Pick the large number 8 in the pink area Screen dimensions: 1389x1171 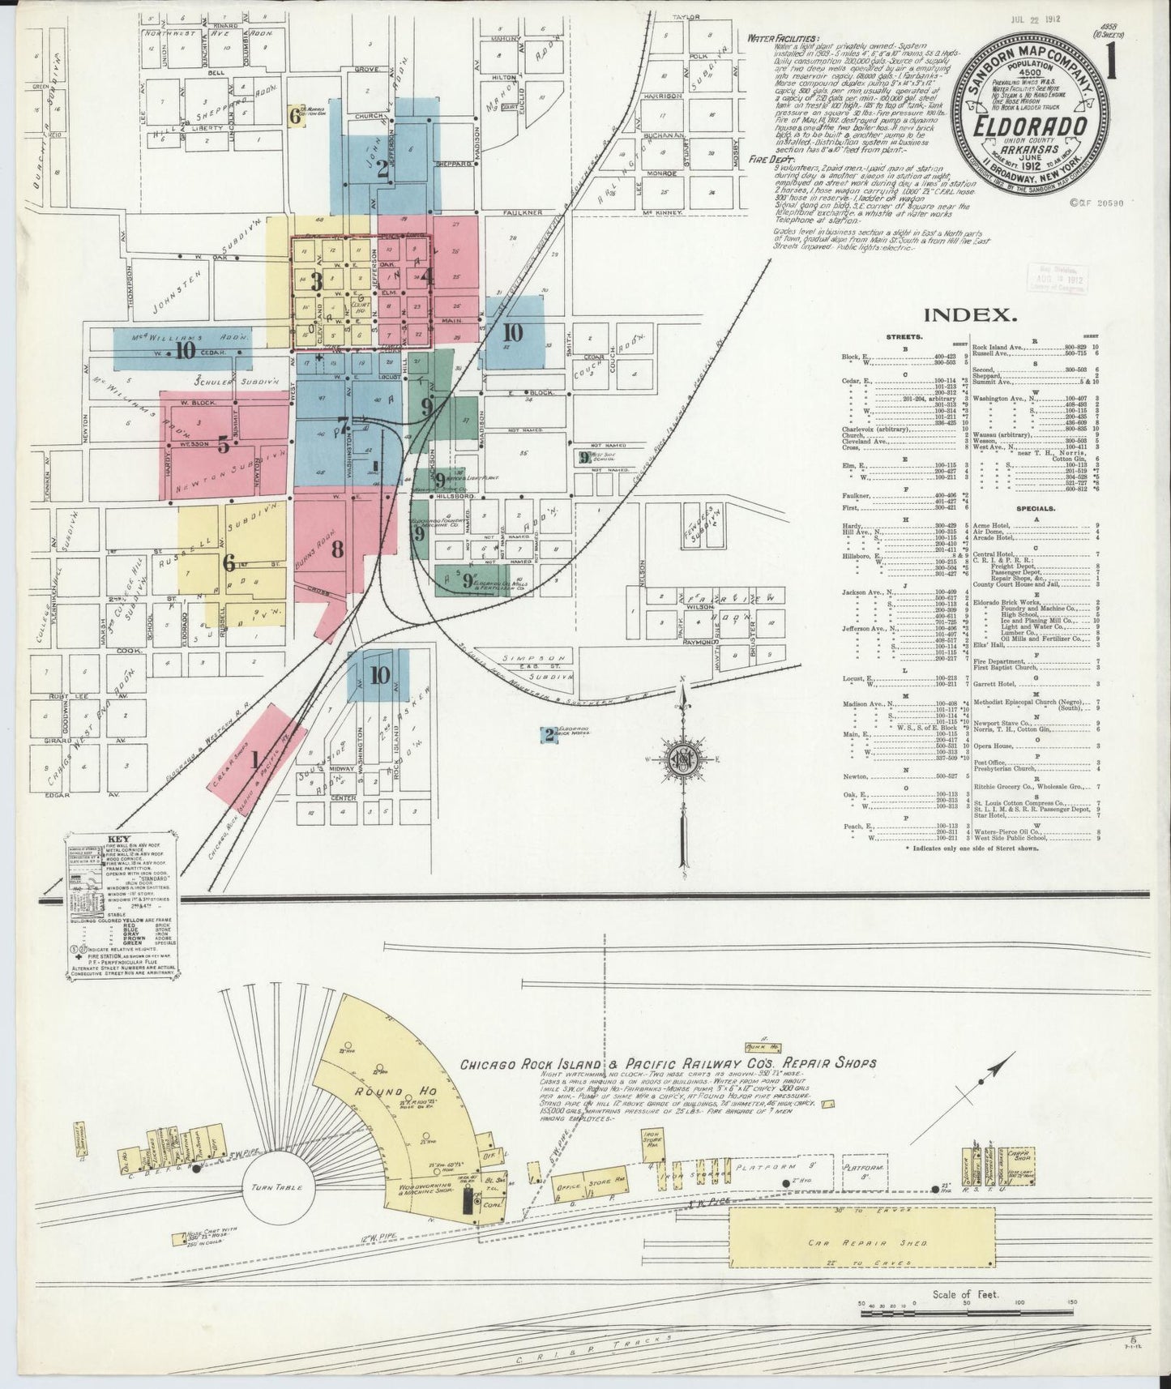(x=337, y=549)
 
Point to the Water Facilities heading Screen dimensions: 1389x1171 (x=784, y=39)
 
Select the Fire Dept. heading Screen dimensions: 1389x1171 (x=771, y=160)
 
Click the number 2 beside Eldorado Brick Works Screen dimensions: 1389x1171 (x=549, y=735)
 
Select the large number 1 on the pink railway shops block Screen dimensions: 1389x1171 (x=255, y=760)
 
